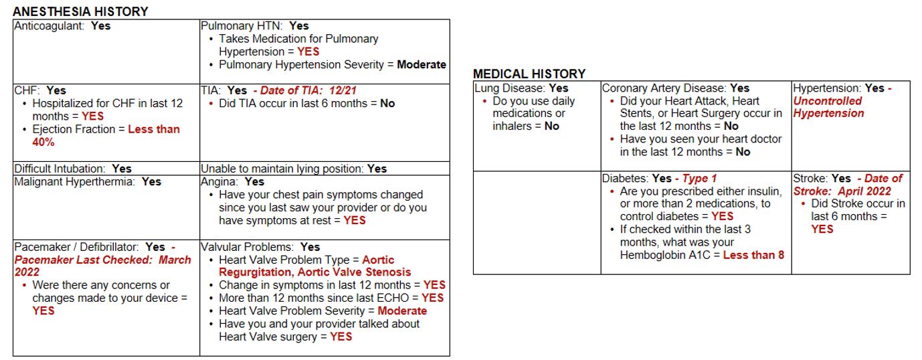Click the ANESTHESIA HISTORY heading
coord(80,12)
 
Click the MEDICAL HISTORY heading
coord(529,74)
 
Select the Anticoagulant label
coord(50,26)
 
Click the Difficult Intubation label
coord(60,169)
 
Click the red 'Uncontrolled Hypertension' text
coord(828,107)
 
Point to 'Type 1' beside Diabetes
coord(699,179)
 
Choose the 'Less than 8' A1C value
coord(753,255)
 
